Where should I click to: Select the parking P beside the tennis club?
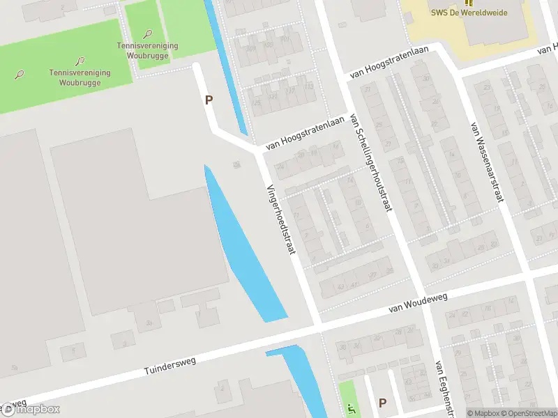pyautogui.click(x=209, y=100)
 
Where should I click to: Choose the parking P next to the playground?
pyautogui.click(x=382, y=403)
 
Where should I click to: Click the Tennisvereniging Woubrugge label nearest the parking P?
pyautogui.click(x=147, y=50)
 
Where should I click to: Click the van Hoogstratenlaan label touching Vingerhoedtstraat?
pyautogui.click(x=305, y=133)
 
